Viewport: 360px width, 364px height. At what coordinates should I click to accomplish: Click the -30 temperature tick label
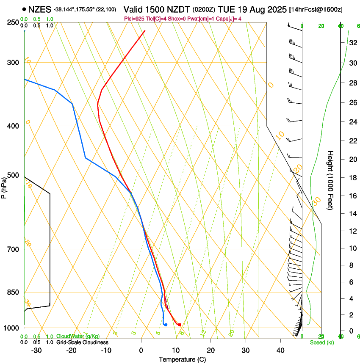pos(36,350)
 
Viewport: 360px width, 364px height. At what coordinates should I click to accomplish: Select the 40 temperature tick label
pos(280,350)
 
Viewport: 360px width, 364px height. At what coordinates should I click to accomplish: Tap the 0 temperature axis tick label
pos(141,350)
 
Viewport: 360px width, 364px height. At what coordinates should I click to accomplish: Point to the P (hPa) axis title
pos(4,187)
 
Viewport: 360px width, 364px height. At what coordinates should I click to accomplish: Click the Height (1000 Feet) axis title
pos(331,180)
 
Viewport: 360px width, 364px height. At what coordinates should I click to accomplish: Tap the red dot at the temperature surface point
pos(180,325)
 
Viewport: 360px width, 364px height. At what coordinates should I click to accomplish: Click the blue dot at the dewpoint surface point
pos(166,325)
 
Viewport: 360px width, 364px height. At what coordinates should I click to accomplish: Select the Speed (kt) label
pos(321,342)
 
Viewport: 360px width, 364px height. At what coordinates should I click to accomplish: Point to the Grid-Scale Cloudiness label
pos(82,342)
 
